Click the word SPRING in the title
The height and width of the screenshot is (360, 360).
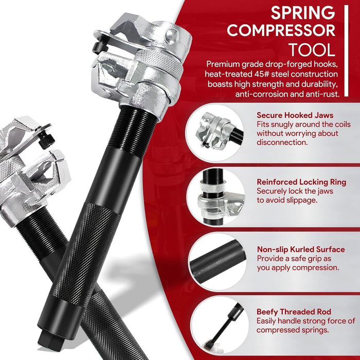pos(303,12)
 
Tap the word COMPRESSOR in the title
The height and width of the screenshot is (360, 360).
pos(281,31)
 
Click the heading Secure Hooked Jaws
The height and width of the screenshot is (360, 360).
pos(295,116)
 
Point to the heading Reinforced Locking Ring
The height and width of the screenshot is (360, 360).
pos(301,182)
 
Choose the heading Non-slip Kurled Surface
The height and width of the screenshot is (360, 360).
pos(301,249)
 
